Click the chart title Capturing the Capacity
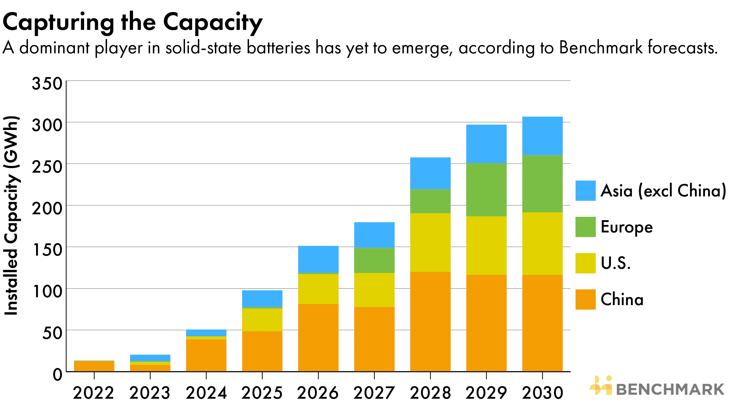point(132,23)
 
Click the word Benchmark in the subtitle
point(601,47)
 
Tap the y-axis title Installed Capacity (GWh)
point(11,215)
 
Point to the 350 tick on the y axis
point(47,84)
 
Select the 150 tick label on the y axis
point(47,250)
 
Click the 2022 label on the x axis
point(94,393)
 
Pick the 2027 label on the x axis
point(374,393)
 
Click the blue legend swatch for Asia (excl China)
point(585,191)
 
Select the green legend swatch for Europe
point(585,227)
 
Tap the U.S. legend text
point(615,263)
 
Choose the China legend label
point(622,300)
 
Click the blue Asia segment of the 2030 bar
point(542,136)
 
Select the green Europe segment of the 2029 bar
point(486,190)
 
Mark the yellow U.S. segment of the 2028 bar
point(430,243)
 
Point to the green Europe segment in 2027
point(374,260)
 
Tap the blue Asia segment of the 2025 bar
point(262,299)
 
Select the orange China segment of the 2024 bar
point(206,355)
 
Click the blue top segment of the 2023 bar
point(150,358)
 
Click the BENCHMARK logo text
point(670,389)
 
